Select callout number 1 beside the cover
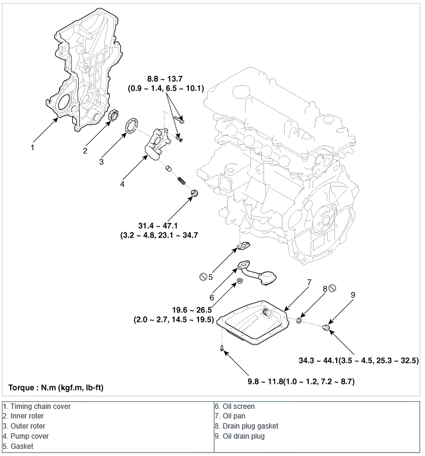pos(33,147)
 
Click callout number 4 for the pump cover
pos(122,184)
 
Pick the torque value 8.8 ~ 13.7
pos(166,79)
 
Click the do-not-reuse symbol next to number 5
pos(203,277)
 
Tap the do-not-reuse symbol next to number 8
pos(333,287)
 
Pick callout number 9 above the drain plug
pos(353,294)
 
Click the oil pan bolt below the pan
pos(221,349)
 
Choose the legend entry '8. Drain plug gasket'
pos(246,426)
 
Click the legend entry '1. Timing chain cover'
pos(36,407)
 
